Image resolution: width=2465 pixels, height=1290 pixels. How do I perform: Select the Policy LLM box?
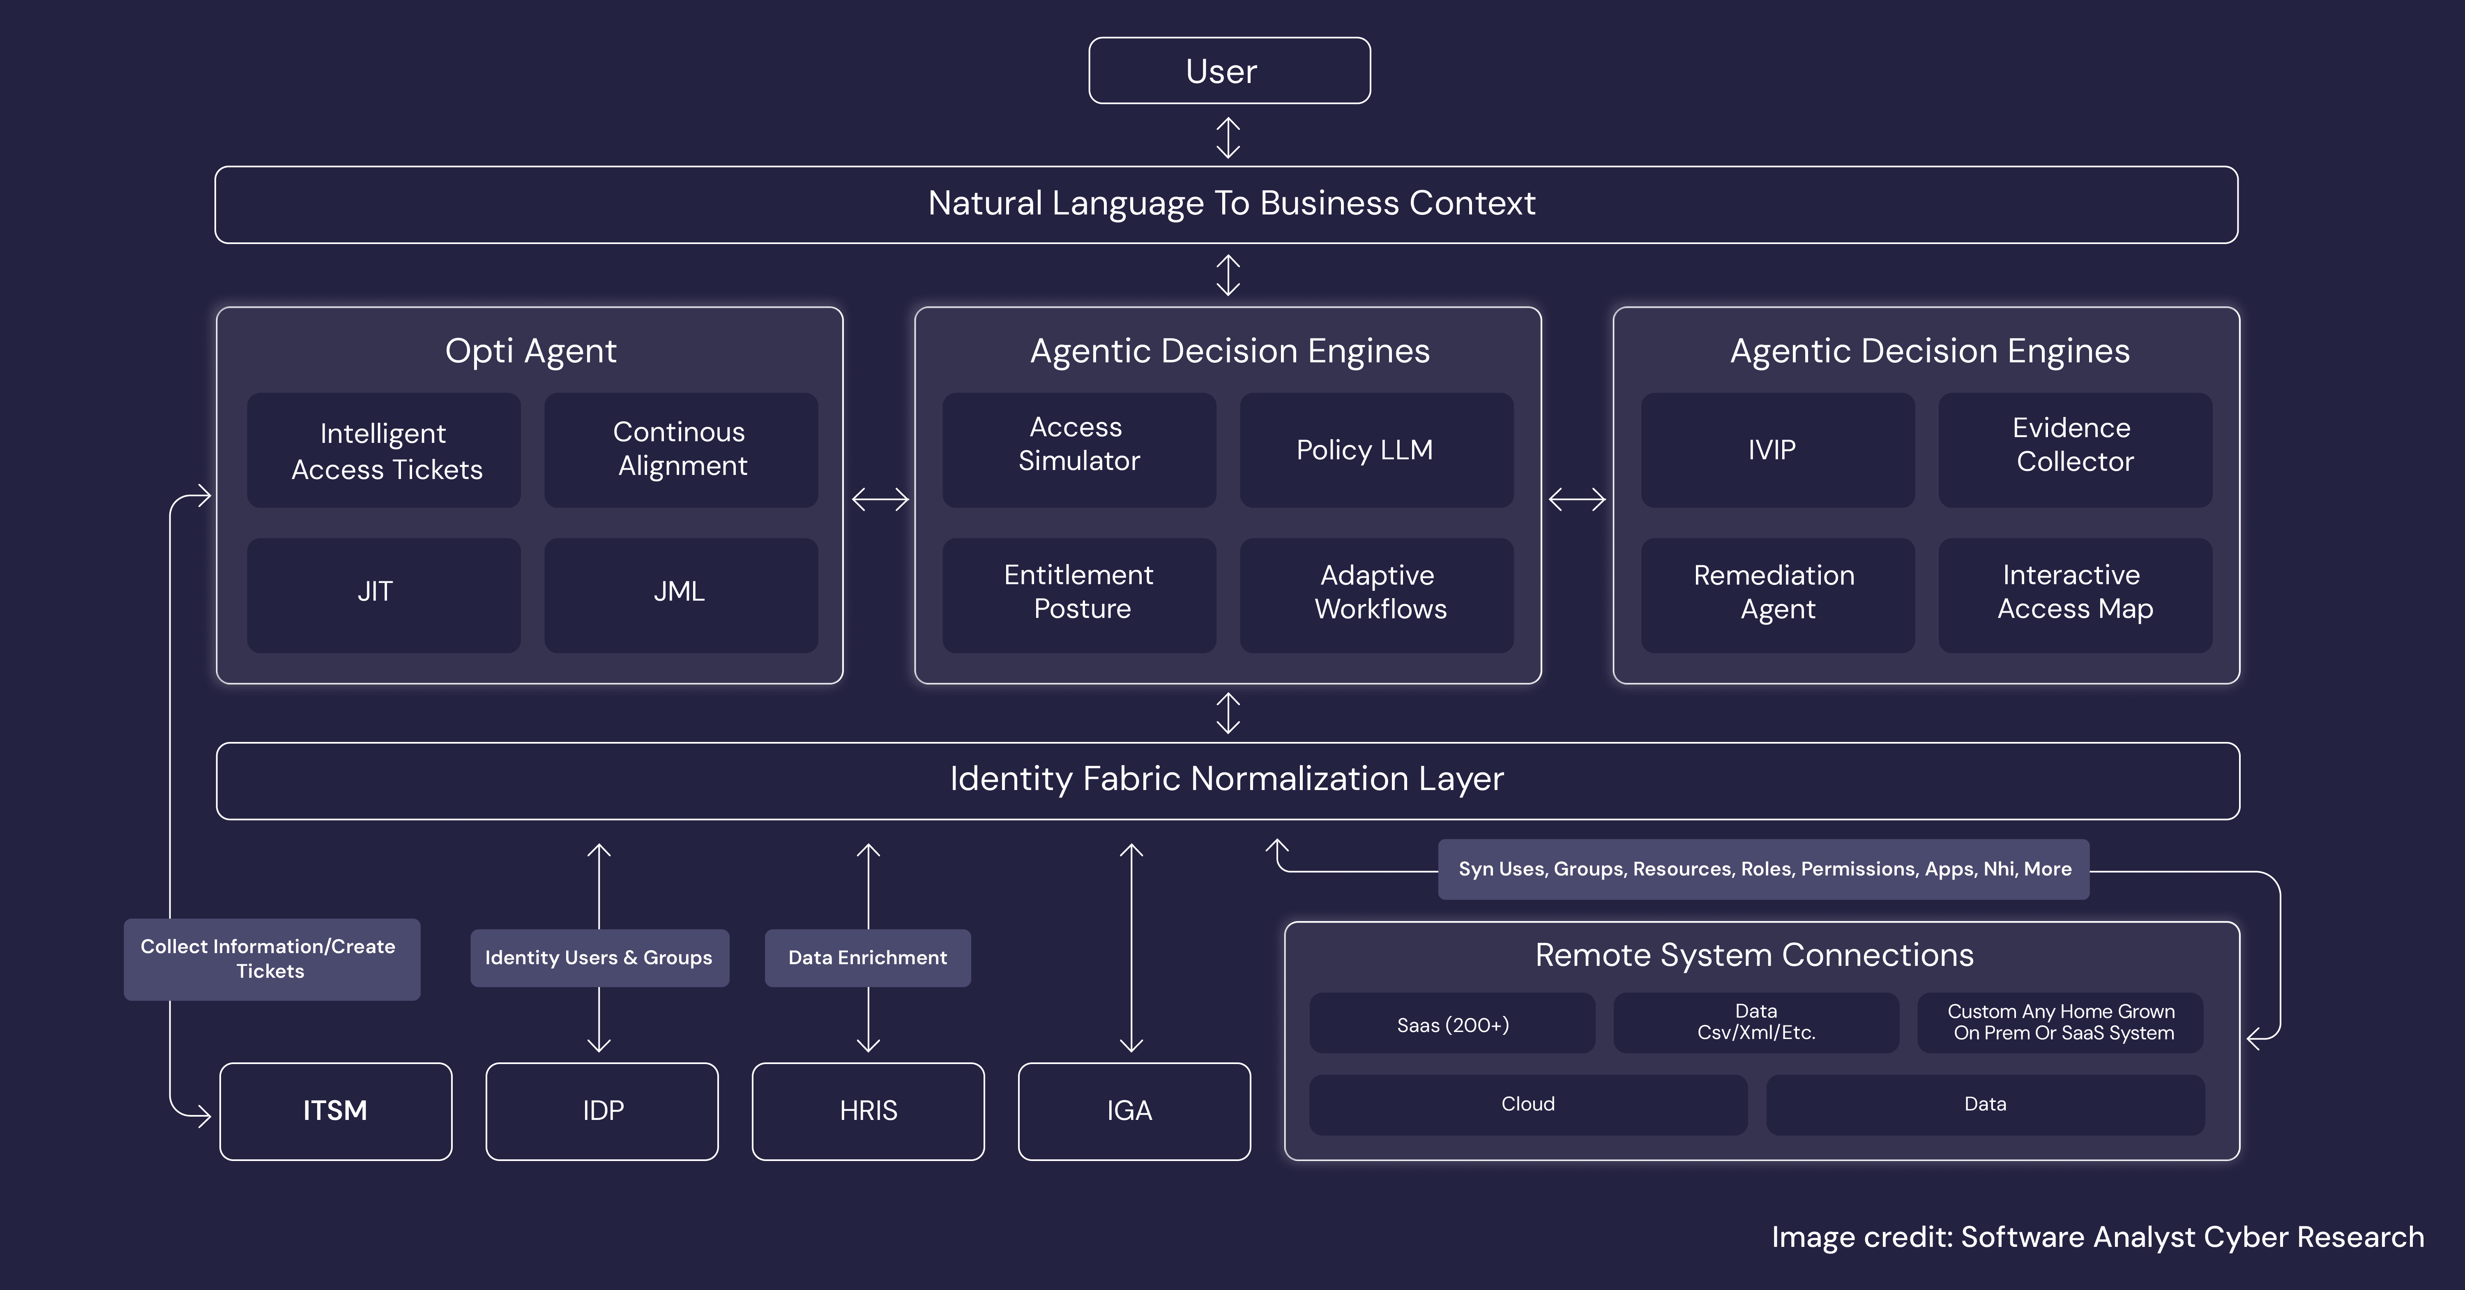[x=1376, y=450]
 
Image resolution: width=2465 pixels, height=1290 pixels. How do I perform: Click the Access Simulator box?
[x=1078, y=450]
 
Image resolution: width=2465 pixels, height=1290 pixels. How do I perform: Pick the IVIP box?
[x=1777, y=450]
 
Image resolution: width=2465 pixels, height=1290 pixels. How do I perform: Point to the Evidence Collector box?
[x=2075, y=450]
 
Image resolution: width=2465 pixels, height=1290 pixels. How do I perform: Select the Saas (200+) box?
[x=1451, y=1024]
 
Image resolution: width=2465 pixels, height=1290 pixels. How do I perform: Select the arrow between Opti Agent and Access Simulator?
[x=880, y=499]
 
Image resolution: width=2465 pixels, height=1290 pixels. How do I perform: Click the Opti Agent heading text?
[x=530, y=351]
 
